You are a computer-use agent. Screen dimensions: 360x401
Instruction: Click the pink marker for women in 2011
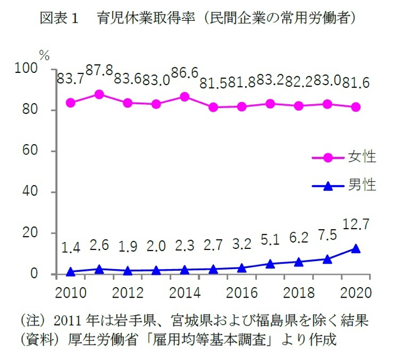[99, 94]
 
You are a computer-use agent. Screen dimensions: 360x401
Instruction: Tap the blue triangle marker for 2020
[356, 248]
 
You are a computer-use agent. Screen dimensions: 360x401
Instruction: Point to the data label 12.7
[355, 223]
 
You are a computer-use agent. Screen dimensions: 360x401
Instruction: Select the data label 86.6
[185, 73]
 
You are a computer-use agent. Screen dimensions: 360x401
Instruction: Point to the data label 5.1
[270, 240]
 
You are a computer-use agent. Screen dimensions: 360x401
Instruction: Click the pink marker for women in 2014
[185, 96]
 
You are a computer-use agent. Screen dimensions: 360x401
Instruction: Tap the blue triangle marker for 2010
[70, 271]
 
